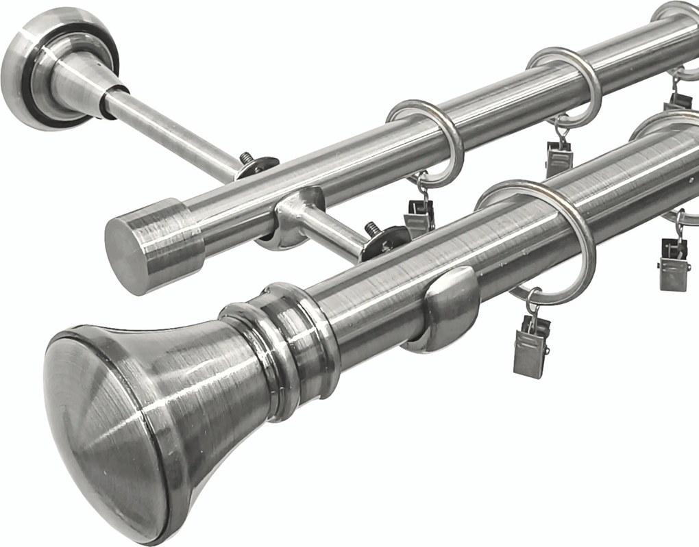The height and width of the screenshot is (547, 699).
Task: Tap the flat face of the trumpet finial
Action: (103, 424)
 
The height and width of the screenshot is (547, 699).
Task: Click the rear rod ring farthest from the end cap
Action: (678, 14)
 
